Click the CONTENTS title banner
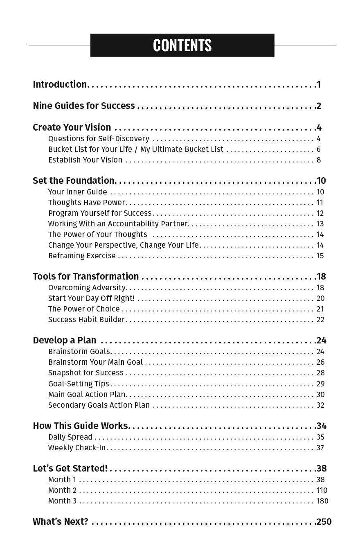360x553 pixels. pos(182,45)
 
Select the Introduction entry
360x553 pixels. pos(60,84)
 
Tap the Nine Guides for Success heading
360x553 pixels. pos(84,106)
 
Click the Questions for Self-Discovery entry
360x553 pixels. pos(99,138)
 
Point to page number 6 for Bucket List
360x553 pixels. pos(318,149)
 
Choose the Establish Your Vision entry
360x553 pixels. pos(85,160)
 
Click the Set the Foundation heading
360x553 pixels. pos(74,181)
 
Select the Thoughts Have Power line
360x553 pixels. pos(87,202)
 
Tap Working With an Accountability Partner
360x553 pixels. pos(118,223)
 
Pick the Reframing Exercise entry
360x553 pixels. pos(82,255)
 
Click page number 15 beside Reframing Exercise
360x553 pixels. pos(320,255)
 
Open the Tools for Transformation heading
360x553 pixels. pos(86,276)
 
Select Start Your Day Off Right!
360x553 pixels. pos(91,298)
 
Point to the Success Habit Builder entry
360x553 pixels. pos(86,319)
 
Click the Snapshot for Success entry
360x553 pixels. pos(86,372)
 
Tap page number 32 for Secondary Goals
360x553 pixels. pos(320,405)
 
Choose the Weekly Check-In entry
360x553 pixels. pos(77,447)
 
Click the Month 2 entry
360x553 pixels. pos(62,490)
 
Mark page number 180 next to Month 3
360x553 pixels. pos(322,501)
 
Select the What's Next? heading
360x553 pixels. pos(61,521)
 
